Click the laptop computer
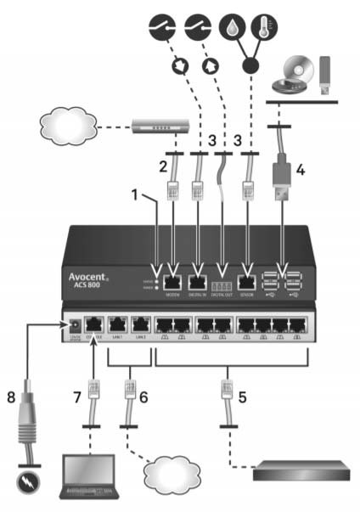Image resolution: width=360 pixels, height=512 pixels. pos(88,475)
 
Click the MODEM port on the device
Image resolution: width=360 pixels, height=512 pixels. pos(173,283)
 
